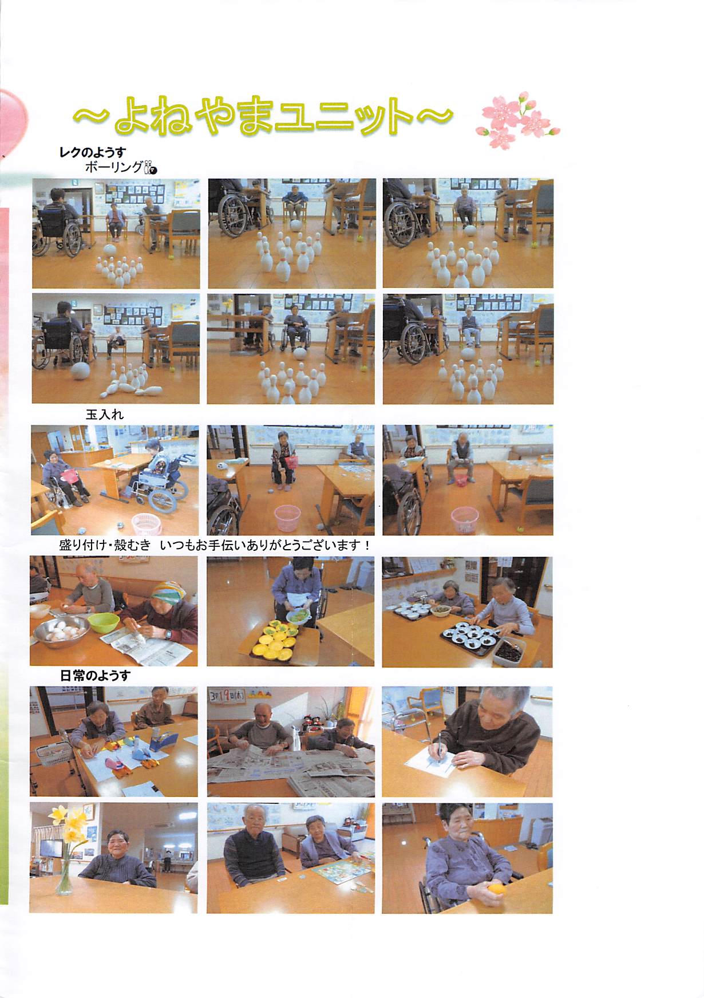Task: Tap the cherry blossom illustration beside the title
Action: coord(518,119)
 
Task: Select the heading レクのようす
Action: coord(92,152)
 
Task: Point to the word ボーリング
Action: coord(113,167)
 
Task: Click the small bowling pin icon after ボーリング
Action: coord(150,167)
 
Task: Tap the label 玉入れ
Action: coord(105,415)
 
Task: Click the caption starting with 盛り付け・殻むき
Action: coord(215,545)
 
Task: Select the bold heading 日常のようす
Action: coord(95,676)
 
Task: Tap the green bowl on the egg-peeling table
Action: coord(103,622)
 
